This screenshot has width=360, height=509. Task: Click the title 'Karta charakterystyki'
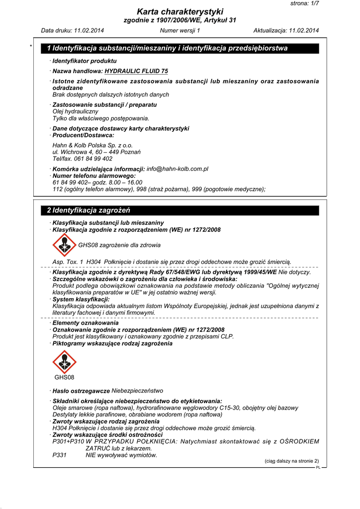[180, 11]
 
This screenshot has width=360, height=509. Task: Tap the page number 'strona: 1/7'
[304, 3]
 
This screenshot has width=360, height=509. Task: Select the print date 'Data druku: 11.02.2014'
[73, 31]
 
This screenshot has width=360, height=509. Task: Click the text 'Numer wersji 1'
[180, 31]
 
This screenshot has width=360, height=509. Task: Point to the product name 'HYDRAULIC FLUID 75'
[136, 71]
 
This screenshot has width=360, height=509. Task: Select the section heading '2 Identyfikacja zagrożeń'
[89, 210]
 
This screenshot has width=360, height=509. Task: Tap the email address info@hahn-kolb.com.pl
[178, 169]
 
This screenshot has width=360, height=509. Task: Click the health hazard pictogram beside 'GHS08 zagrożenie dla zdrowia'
[64, 245]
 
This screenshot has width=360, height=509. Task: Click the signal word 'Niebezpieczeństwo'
[137, 391]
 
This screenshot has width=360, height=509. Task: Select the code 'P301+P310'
[68, 441]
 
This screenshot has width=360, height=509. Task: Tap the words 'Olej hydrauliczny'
[75, 112]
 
